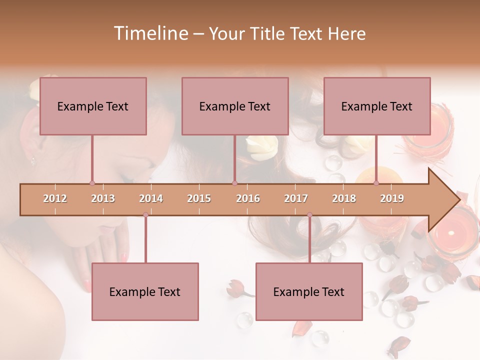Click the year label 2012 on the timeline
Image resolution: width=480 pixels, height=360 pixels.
point(55,198)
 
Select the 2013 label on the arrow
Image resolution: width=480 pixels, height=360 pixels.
point(103,198)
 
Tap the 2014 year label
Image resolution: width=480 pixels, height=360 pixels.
point(151,198)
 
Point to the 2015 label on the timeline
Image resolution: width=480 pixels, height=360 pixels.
point(199,198)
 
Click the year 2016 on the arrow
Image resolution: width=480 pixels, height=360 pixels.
point(248,198)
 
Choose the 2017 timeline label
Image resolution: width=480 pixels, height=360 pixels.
point(296,198)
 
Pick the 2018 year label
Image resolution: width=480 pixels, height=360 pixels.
point(344,198)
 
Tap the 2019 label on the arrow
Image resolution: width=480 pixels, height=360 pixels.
point(392,198)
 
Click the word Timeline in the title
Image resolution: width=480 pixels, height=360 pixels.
point(150,33)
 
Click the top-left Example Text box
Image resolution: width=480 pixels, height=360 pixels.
point(93,106)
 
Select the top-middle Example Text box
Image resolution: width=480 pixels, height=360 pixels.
point(235,106)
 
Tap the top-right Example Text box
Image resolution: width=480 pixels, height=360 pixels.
point(377,106)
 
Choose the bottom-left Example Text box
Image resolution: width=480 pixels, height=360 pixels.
point(145,291)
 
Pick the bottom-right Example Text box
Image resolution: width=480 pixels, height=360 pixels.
point(309,291)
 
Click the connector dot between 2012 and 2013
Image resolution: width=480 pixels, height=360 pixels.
point(92,183)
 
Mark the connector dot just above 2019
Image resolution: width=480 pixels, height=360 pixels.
point(376,183)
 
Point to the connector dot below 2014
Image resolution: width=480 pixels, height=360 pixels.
point(145,215)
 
